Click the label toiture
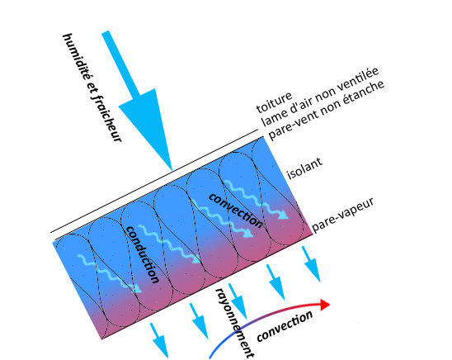(x=274, y=102)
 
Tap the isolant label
(x=304, y=168)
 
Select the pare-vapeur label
(x=343, y=216)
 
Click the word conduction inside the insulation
(x=143, y=254)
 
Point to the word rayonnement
(x=235, y=323)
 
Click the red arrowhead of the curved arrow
(x=325, y=305)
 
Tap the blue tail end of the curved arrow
(x=210, y=357)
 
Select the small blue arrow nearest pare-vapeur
(x=311, y=264)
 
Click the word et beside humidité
(x=88, y=88)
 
